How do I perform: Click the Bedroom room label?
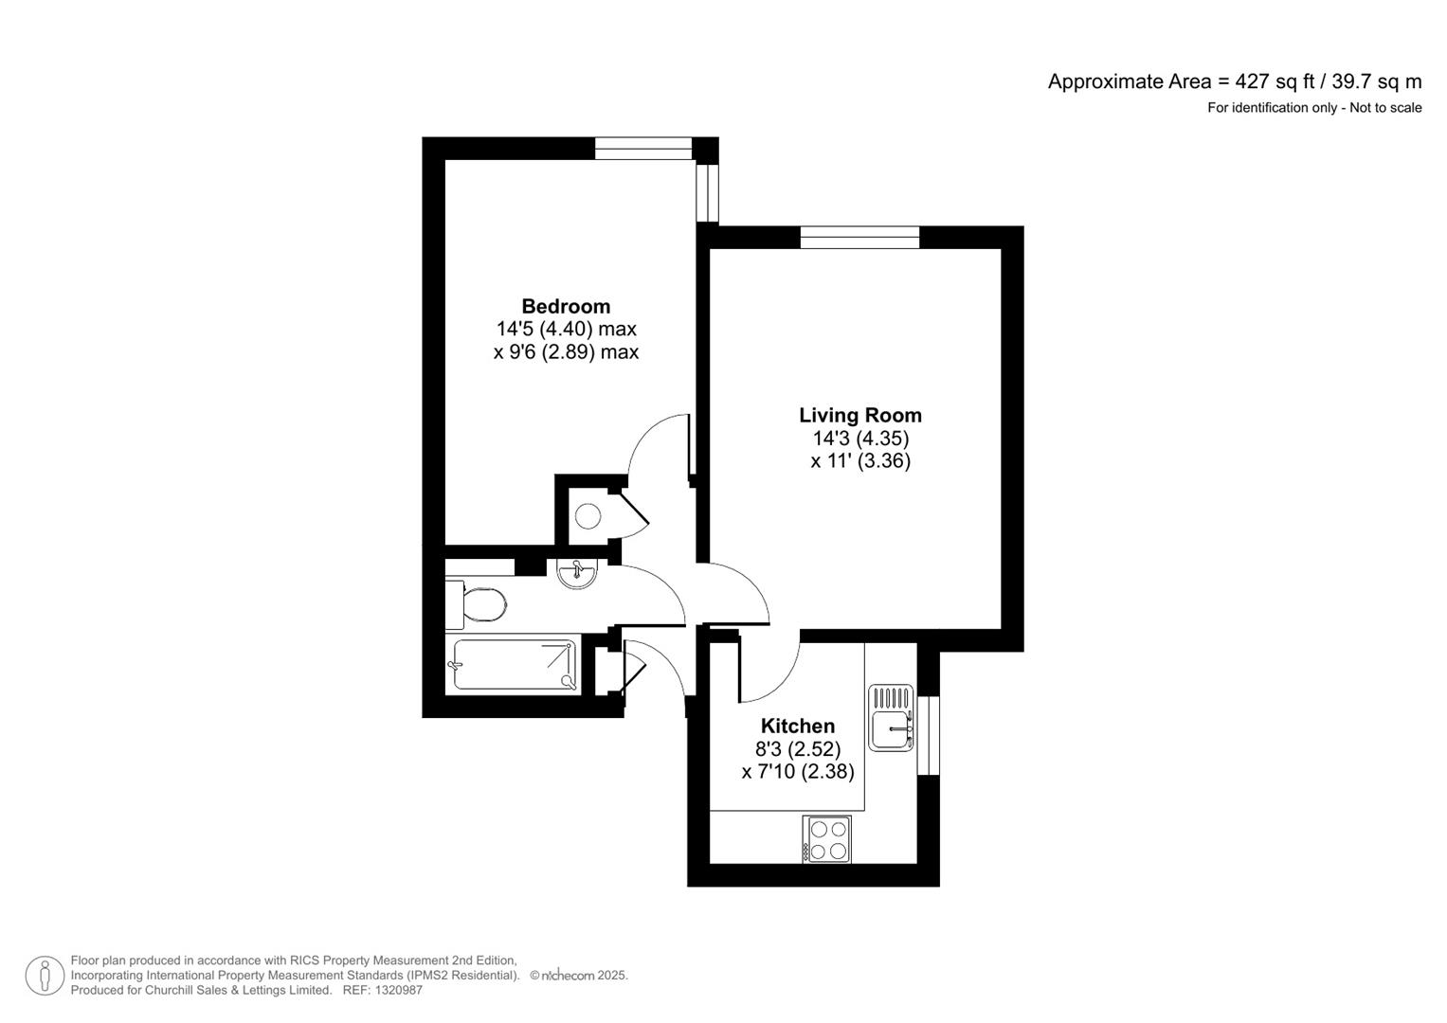pos(566,306)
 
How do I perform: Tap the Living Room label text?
pos(859,415)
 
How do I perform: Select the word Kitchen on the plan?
pos(798,726)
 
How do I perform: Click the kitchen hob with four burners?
pos(827,839)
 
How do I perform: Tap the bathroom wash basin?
pos(576,574)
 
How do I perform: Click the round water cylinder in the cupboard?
pos(588,516)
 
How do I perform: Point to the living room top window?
pos(859,237)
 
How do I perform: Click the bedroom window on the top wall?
pos(643,148)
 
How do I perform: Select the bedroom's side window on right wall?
pos(707,193)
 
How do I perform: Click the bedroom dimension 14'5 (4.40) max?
pos(566,330)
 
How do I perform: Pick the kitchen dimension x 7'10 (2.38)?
pos(798,772)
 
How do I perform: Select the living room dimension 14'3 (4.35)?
pos(859,439)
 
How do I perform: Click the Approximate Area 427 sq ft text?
pos(1234,81)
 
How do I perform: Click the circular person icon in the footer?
pos(45,976)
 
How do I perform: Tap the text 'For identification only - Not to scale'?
pos(1313,108)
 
